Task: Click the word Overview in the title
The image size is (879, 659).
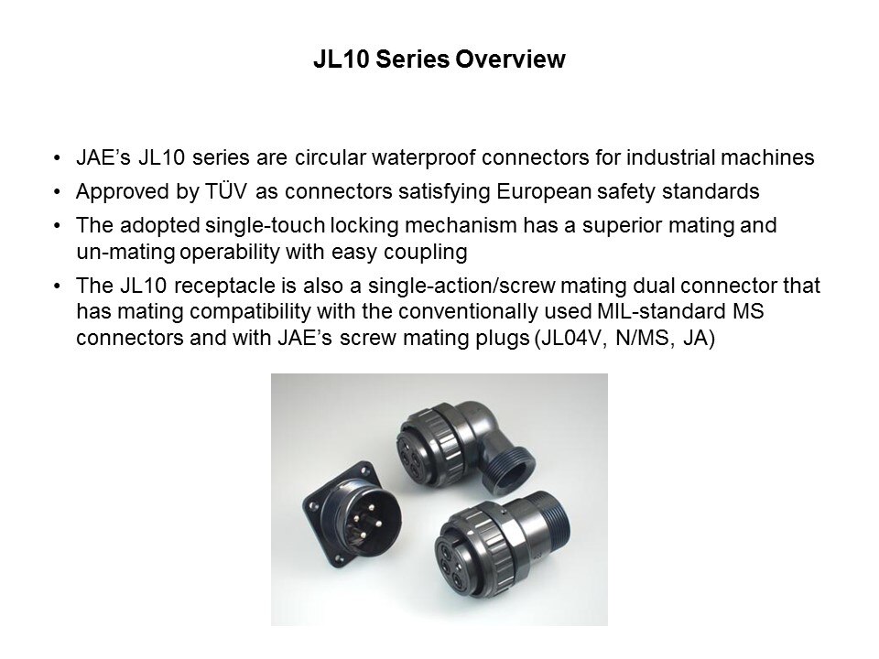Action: [510, 59]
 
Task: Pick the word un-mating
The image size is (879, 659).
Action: [125, 253]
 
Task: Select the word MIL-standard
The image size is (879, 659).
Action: [661, 310]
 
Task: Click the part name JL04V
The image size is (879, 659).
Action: [571, 338]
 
